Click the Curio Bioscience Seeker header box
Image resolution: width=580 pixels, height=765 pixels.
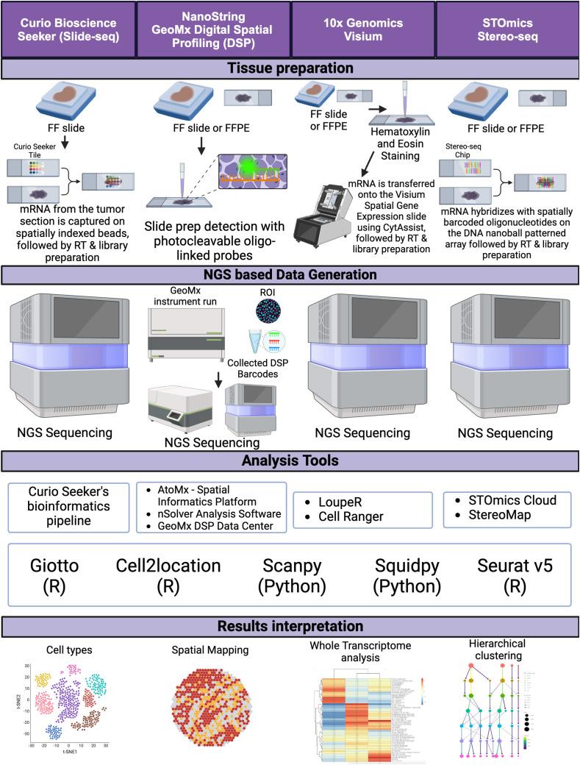68,28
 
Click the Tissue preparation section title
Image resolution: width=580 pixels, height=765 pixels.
290,68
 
